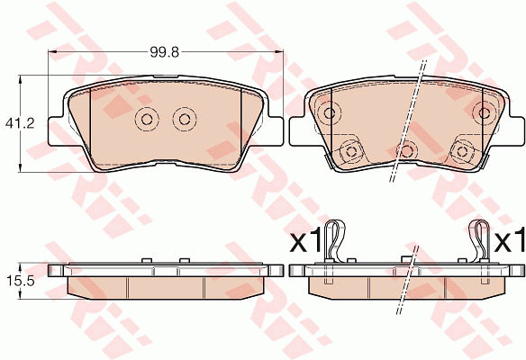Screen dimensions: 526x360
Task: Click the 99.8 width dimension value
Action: (x=165, y=52)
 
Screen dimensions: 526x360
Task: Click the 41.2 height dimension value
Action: (x=20, y=123)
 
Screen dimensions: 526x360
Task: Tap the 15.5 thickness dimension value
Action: (x=20, y=281)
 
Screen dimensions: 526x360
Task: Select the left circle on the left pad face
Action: (x=147, y=119)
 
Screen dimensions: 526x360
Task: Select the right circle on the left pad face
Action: (x=185, y=119)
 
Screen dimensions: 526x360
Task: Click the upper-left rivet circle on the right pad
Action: (x=329, y=113)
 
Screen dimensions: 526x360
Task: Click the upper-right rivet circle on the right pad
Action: (x=484, y=113)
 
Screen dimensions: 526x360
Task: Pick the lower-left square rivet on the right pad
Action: (x=351, y=152)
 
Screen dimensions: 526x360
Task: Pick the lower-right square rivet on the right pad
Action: (x=462, y=152)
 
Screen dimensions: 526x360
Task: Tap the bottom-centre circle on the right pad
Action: (x=406, y=151)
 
